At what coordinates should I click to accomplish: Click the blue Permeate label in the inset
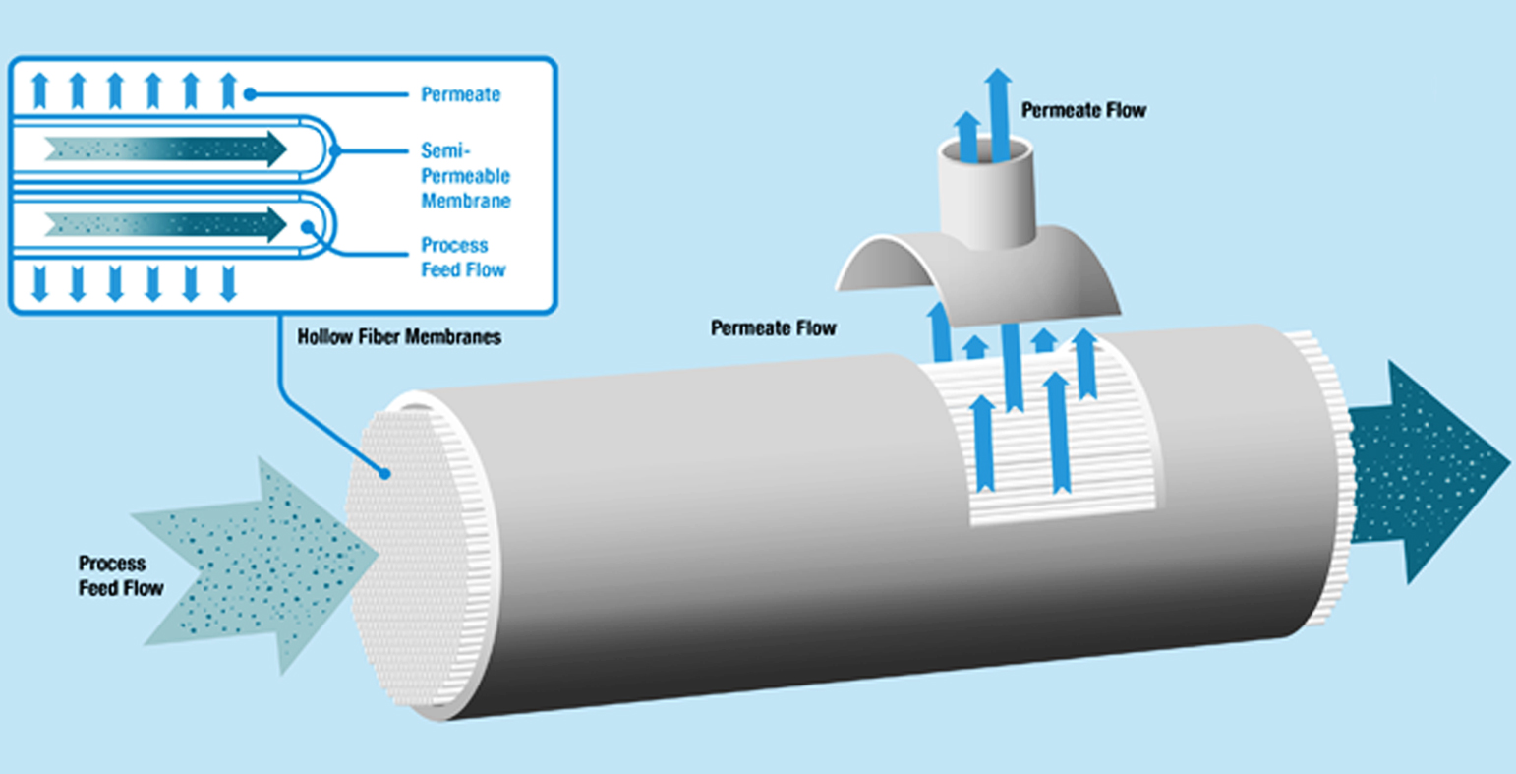[x=460, y=95]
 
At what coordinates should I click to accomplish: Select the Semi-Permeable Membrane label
[x=465, y=175]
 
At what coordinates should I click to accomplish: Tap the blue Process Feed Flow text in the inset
[x=463, y=257]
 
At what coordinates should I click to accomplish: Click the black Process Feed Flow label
[x=121, y=575]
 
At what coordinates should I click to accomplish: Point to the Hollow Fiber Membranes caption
[x=399, y=337]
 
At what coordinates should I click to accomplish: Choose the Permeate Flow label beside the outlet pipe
[x=1083, y=110]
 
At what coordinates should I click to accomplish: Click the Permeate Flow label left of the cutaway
[x=773, y=327]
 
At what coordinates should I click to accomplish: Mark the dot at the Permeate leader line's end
[x=251, y=94]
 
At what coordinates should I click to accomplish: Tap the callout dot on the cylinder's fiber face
[x=387, y=473]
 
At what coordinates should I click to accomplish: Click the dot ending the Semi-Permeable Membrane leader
[x=335, y=150]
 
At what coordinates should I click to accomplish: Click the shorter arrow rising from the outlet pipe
[x=968, y=136]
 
